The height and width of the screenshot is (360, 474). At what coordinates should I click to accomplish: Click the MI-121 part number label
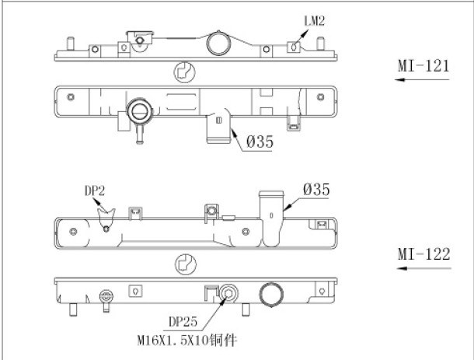423,65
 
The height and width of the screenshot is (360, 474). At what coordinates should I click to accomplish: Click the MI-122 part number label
423,254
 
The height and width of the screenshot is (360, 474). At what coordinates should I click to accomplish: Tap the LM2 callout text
314,21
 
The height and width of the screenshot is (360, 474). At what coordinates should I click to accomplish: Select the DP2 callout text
95,191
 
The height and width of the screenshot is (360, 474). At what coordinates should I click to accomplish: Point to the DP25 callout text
183,322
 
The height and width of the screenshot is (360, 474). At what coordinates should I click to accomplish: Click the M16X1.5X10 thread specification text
173,341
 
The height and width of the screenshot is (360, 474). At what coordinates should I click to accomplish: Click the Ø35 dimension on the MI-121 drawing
260,142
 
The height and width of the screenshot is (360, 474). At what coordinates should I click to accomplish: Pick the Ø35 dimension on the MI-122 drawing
316,190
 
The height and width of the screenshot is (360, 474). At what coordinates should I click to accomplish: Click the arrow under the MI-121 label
422,79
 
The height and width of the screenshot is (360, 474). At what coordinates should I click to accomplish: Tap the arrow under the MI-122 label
423,268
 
